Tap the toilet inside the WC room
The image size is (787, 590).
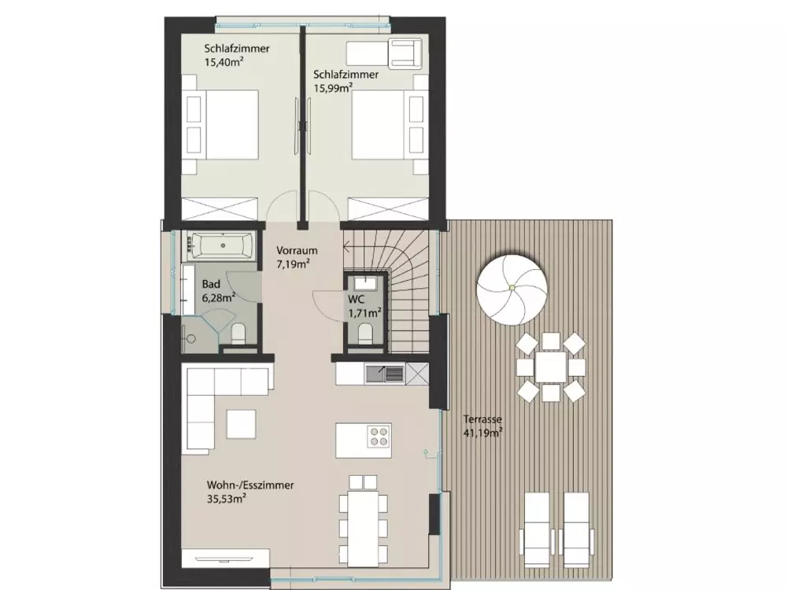[x=365, y=334]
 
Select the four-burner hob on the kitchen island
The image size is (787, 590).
[x=378, y=436]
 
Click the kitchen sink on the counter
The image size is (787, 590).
[x=385, y=374]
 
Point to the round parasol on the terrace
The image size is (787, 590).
[x=512, y=287]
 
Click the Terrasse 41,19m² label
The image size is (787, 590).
[x=482, y=426]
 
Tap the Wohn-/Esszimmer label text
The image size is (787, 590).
[x=250, y=485]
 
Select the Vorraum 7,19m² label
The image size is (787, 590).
[x=297, y=256]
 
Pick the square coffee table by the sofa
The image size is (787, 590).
[x=241, y=424]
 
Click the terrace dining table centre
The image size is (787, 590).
[x=551, y=367]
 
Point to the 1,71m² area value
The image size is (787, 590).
[x=365, y=313]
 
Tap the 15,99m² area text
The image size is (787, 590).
[x=333, y=88]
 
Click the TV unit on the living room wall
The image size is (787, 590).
[x=225, y=558]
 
